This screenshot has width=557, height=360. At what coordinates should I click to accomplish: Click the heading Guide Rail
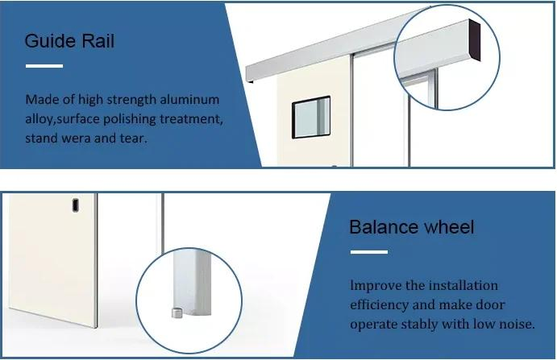click(x=69, y=42)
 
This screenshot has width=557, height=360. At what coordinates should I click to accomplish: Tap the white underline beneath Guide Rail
click(x=44, y=65)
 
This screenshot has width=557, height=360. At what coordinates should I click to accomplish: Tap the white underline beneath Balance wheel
click(x=368, y=251)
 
